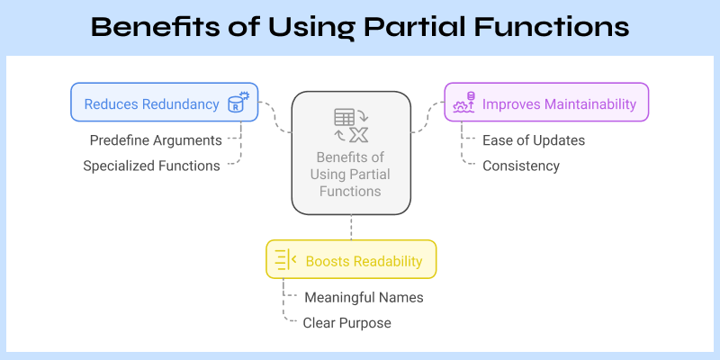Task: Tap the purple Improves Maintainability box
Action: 546,103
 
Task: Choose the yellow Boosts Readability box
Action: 351,260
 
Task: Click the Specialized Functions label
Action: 151,166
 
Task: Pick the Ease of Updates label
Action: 534,140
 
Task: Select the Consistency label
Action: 521,166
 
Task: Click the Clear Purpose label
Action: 346,322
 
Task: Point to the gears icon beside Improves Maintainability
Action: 463,103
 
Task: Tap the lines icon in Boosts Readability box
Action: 285,260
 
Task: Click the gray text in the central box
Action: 351,175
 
